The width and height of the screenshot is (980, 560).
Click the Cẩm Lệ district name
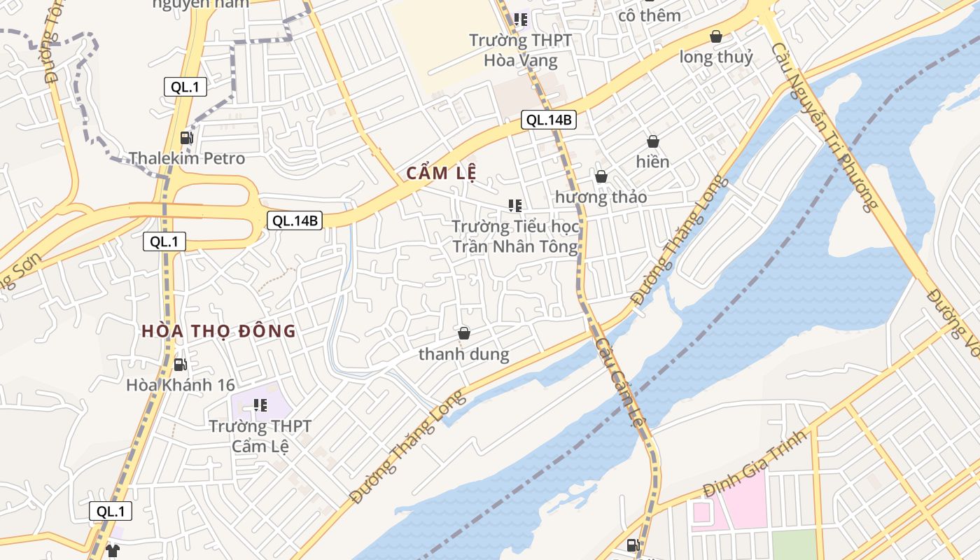pyautogui.click(x=441, y=174)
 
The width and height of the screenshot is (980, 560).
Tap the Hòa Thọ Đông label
pyautogui.click(x=219, y=331)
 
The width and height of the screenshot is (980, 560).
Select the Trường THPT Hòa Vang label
pyautogui.click(x=520, y=50)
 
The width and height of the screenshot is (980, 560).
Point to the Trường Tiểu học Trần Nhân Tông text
pyautogui.click(x=515, y=237)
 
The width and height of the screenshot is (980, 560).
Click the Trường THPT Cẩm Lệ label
pyautogui.click(x=260, y=435)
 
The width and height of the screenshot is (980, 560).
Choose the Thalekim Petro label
pyautogui.click(x=187, y=158)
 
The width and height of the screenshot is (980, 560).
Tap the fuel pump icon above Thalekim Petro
pyautogui.click(x=185, y=138)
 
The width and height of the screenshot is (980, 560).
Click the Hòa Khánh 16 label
pyautogui.click(x=181, y=385)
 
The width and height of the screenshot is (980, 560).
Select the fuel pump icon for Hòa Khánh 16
pyautogui.click(x=180, y=364)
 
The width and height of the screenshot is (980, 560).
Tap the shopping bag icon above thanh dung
pyautogui.click(x=463, y=333)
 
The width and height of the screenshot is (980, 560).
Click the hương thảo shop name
pyautogui.click(x=601, y=197)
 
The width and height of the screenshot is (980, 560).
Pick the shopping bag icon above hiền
pyautogui.click(x=652, y=141)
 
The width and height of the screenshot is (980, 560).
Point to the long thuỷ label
pyautogui.click(x=716, y=57)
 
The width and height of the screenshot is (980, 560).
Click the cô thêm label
pyautogui.click(x=650, y=15)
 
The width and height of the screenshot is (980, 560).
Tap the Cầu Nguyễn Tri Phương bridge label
pyautogui.click(x=824, y=126)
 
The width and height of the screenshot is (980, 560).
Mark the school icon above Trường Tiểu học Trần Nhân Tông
pyautogui.click(x=515, y=206)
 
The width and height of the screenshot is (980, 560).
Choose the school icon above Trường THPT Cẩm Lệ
pyautogui.click(x=260, y=405)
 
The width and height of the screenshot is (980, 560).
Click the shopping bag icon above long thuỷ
pyautogui.click(x=715, y=36)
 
